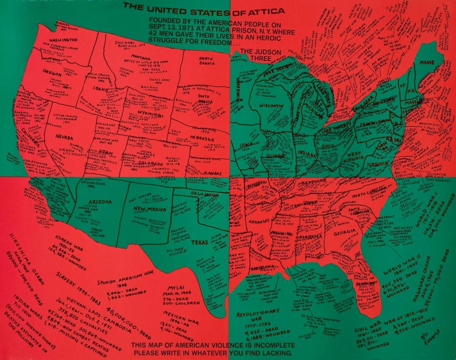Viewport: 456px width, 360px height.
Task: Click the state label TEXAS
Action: click(x=200, y=243)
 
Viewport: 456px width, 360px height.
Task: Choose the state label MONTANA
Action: click(x=141, y=57)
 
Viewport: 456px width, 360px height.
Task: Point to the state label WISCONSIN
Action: click(x=271, y=105)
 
